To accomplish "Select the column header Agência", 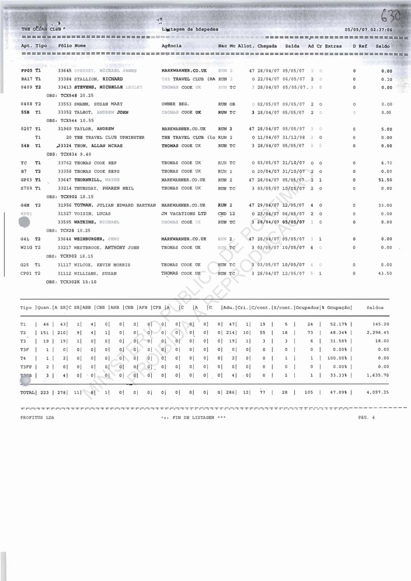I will point(171,46).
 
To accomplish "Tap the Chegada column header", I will point(267,46).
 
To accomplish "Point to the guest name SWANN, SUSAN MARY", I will point(98,104).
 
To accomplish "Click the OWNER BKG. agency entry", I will point(175,104).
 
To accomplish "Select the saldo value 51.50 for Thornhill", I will point(385,180).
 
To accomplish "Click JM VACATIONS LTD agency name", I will point(184,214).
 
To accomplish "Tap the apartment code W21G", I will point(27,248).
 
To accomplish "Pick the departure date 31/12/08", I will point(293,138).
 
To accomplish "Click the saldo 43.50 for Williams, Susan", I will point(385,273).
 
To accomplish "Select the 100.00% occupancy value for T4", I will point(338,358).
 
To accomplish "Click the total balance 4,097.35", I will point(377,392).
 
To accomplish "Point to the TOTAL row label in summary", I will point(27,393).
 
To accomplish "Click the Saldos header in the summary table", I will point(375,308).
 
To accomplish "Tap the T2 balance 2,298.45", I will point(377,333).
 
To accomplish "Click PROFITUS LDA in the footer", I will point(37,417).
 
